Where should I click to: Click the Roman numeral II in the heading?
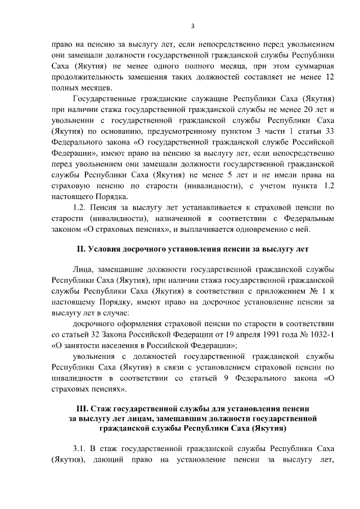point(81,248)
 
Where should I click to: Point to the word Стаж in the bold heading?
point(109,407)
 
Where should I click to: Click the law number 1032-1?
point(323,335)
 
